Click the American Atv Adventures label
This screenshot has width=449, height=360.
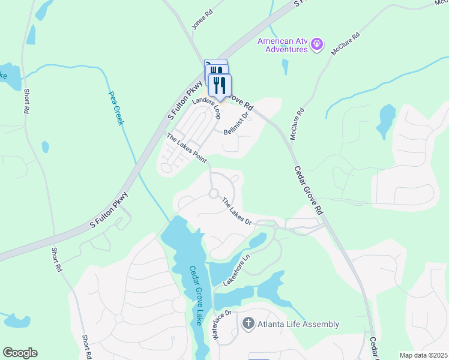click(282, 45)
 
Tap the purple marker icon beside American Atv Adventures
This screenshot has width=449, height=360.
click(319, 45)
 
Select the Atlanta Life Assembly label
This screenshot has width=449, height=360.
click(298, 325)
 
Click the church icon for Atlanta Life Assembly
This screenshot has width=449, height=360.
click(247, 325)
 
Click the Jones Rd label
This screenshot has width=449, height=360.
click(202, 22)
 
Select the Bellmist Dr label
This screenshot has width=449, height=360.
click(237, 124)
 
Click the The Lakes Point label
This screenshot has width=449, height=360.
click(187, 148)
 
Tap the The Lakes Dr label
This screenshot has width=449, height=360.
click(237, 211)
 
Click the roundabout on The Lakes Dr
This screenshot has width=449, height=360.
click(213, 193)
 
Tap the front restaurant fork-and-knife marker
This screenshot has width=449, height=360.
click(220, 85)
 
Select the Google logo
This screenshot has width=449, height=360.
click(20, 353)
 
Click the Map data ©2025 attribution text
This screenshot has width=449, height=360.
click(423, 355)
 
